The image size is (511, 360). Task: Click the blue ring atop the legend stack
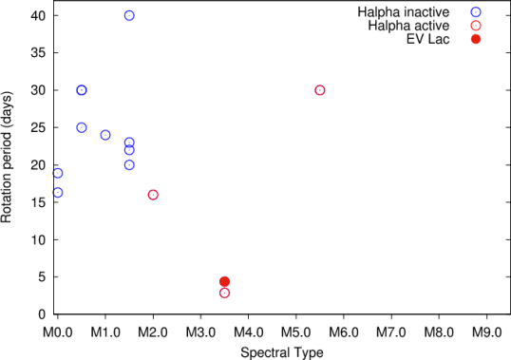[476, 12]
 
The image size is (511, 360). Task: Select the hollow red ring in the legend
[476, 26]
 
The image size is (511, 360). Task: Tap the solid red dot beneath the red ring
[476, 39]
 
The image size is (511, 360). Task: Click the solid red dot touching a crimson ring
[225, 281]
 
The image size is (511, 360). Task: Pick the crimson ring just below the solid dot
[225, 293]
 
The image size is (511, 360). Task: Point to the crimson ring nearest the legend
[320, 90]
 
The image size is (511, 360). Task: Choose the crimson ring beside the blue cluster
[153, 195]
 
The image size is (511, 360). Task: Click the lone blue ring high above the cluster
[129, 15]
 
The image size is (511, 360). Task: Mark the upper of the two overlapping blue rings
[129, 142]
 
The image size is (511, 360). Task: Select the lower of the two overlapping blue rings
[129, 150]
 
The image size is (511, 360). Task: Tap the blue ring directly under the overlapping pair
[129, 164]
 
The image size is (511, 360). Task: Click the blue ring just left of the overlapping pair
[105, 135]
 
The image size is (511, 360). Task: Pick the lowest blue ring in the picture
[58, 193]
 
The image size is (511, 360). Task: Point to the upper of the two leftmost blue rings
[58, 173]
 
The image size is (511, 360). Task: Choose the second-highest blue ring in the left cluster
[82, 90]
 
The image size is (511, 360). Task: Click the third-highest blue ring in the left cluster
[82, 127]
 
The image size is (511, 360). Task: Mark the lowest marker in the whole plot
[225, 293]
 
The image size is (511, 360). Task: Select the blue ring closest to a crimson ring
[129, 164]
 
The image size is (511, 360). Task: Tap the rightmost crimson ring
[320, 90]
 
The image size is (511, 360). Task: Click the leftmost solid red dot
[225, 281]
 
